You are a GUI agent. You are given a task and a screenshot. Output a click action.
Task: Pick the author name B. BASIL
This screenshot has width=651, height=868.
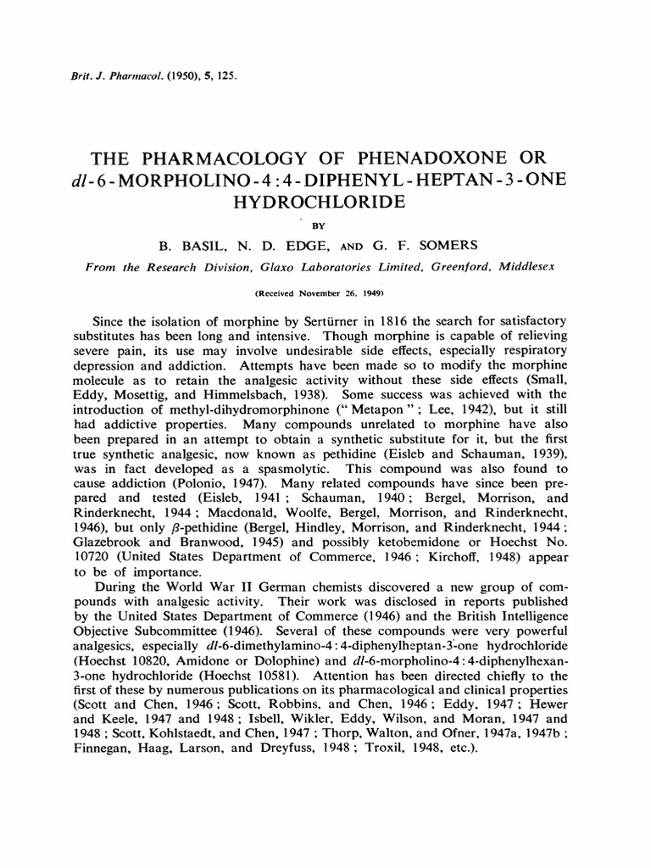188,246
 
